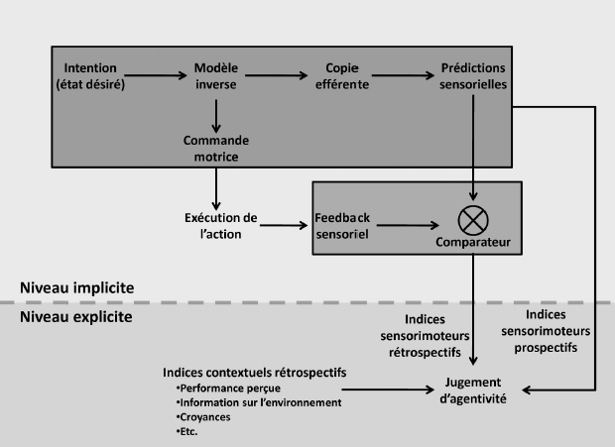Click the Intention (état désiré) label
90,76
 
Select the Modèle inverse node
216,76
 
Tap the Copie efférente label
342,76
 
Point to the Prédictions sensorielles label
473,76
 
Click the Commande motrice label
216,149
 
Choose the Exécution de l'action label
221,226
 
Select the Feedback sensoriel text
342,226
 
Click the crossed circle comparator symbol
473,220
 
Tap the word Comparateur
473,242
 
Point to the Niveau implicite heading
77,288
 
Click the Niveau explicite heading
76,317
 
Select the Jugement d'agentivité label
473,391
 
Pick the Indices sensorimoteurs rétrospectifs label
425,336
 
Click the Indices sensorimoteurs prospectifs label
546,331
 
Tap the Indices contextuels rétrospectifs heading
255,373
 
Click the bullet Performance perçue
228,389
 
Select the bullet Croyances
203,417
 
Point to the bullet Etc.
186,432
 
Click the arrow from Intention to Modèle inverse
156,75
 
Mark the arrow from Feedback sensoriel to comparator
408,225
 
